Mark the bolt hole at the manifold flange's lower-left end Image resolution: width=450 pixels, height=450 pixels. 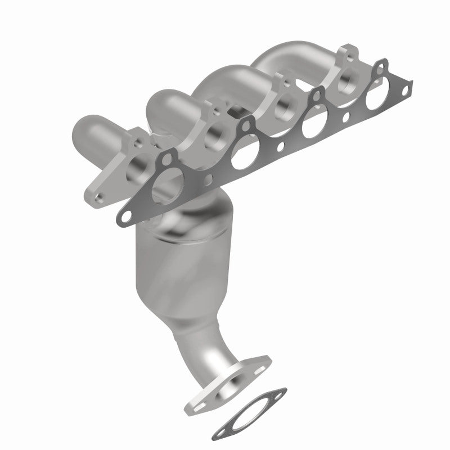click(99, 197)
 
